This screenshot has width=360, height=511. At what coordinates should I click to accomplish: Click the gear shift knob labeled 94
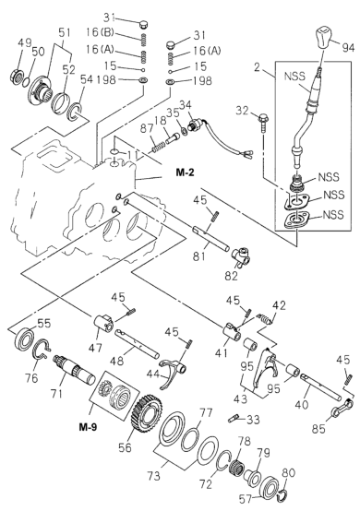pyautogui.click(x=324, y=39)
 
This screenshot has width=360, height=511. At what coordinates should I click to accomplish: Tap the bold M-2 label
pyautogui.click(x=185, y=172)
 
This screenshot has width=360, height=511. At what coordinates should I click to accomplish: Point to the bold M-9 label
pyautogui.click(x=88, y=426)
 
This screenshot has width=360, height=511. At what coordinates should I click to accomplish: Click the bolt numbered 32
pyautogui.click(x=263, y=122)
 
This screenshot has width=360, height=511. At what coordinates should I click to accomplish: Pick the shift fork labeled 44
pyautogui.click(x=171, y=373)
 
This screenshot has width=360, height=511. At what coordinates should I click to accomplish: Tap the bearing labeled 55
pyautogui.click(x=24, y=339)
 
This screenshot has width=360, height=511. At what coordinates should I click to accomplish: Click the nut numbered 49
pyautogui.click(x=17, y=76)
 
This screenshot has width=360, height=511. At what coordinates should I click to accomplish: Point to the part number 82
pyautogui.click(x=231, y=276)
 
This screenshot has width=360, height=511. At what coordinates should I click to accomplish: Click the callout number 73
pyautogui.click(x=153, y=476)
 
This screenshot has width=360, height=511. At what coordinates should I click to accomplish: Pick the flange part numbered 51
pyautogui.click(x=42, y=89)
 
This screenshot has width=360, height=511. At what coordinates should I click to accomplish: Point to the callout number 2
pyautogui.click(x=258, y=67)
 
